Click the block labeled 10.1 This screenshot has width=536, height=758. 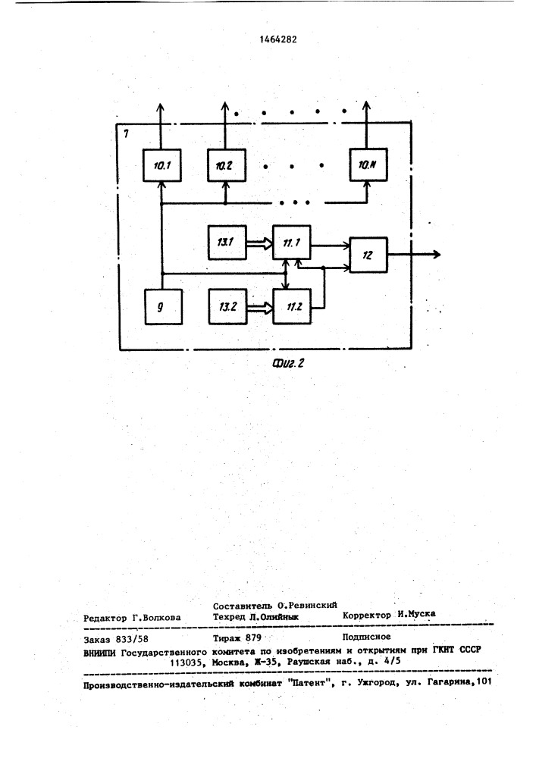162,165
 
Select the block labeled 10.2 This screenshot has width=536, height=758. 227,165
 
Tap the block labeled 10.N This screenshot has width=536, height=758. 368,164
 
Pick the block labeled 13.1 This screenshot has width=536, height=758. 227,243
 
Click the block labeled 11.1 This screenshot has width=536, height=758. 291,243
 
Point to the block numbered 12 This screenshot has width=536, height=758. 368,255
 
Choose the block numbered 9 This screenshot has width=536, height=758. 163,306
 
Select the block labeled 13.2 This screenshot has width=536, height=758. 227,306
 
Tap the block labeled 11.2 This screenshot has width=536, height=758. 292,306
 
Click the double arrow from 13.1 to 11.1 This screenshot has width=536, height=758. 259,245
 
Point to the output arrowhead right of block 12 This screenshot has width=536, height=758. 436,254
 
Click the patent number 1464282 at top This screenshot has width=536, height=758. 278,39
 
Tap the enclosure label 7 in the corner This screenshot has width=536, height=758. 126,133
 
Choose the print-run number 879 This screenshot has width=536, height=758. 253,638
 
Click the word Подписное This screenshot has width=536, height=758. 366,637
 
